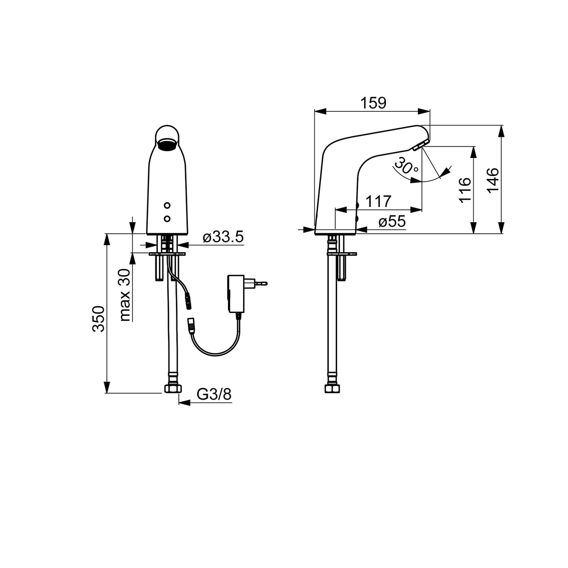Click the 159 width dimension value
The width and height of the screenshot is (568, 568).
click(373, 103)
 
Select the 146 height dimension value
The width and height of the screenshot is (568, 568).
click(493, 180)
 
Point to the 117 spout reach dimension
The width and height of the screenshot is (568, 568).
click(378, 201)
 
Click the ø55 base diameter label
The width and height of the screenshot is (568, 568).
click(392, 221)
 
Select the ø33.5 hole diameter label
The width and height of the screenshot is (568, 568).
click(223, 237)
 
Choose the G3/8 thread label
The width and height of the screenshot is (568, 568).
click(214, 395)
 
